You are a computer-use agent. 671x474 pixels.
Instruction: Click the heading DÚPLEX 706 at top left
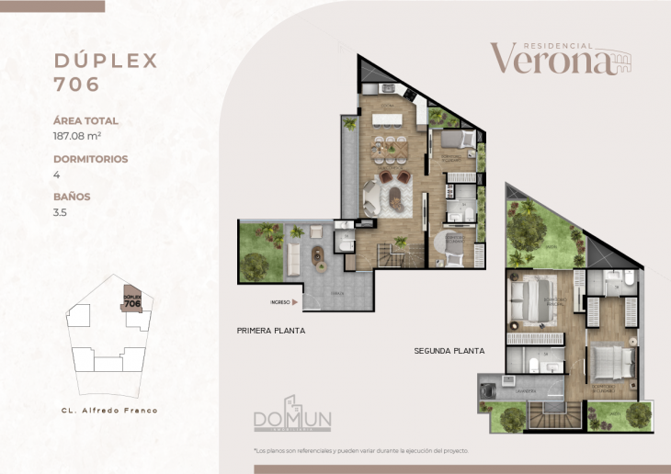point(106,73)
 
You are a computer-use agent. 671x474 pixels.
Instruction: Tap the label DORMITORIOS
point(90,159)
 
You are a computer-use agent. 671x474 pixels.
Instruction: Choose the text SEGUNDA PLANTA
point(449,351)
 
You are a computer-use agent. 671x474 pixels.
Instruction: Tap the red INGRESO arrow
point(296,301)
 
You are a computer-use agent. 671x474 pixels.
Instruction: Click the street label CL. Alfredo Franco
point(103,411)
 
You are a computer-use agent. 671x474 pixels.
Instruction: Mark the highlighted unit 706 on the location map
point(132,299)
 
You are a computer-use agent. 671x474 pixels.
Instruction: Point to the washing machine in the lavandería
point(487,389)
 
